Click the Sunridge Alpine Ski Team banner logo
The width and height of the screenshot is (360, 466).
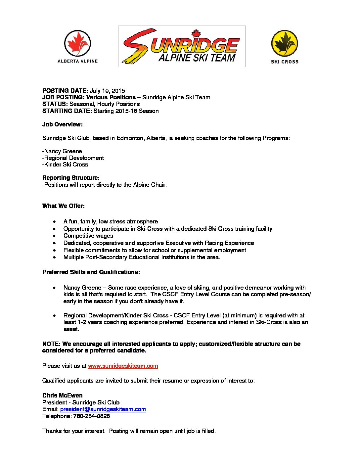coord(182,46)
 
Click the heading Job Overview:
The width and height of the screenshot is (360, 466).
coord(62,124)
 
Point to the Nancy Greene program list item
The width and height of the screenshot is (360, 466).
coord(63,151)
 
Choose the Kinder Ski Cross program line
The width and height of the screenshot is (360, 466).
coord(66,164)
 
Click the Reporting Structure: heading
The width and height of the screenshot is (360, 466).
coord(71,178)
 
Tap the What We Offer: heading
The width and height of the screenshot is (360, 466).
coord(64,206)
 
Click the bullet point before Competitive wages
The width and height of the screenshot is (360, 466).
coord(55,236)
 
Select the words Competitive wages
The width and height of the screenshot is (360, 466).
coord(88,236)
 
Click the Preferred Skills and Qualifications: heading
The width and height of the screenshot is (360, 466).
coord(91,272)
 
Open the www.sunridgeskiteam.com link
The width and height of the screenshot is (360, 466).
coord(123,366)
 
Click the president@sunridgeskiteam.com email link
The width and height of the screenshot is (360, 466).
coord(103,409)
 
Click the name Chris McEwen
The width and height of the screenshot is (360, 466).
coord(63,396)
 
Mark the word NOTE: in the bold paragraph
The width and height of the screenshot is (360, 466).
coord(51,344)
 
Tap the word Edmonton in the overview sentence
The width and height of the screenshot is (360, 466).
coord(130,138)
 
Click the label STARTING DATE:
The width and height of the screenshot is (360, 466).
coord(67,111)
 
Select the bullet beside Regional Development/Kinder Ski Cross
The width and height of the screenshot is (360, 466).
coord(55,316)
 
